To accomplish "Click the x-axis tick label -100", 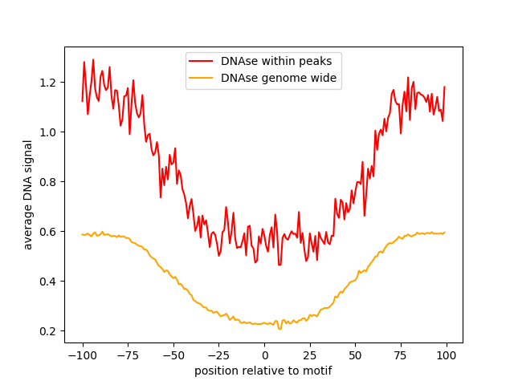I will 82,355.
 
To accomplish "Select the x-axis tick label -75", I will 128,355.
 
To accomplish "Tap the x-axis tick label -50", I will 173,355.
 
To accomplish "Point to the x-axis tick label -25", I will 218,355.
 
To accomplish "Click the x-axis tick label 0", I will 264,355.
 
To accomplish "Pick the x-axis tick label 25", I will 310,355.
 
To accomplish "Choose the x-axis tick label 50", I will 355,355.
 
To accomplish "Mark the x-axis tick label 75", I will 401,355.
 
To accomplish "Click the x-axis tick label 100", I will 447,355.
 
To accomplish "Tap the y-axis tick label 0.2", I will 49,331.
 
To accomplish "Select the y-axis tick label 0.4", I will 49,282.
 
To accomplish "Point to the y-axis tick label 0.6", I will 49,232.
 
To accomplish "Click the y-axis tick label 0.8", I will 49,182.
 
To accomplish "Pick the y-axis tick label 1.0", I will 49,132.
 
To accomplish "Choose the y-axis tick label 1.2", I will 49,83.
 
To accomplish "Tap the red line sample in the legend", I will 202,61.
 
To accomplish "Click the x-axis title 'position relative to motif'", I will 263,371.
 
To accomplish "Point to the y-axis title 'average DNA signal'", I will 28,195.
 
